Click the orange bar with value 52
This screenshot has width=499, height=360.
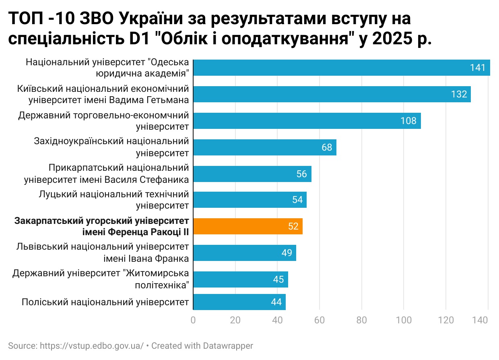pos(247,226)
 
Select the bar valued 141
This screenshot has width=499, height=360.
pos(341,68)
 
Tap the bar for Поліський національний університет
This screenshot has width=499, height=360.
pos(239,302)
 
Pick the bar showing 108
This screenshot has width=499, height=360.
pos(307,121)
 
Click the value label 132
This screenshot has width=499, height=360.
pos(459,94)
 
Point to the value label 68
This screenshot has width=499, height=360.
pos(327,147)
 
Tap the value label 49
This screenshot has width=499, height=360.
pos(287,253)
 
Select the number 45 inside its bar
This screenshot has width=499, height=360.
pos(278,279)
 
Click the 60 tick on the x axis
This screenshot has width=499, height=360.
pos(320,321)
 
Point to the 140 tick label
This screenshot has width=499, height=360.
pos(480,321)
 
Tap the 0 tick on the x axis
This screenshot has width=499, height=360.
pos(193,321)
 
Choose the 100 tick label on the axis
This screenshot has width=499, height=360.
pos(404,321)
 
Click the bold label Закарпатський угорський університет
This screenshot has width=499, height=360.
pos(102,226)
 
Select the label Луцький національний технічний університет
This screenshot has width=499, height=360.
pos(114,200)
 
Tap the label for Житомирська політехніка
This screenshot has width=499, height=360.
pos(101,279)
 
